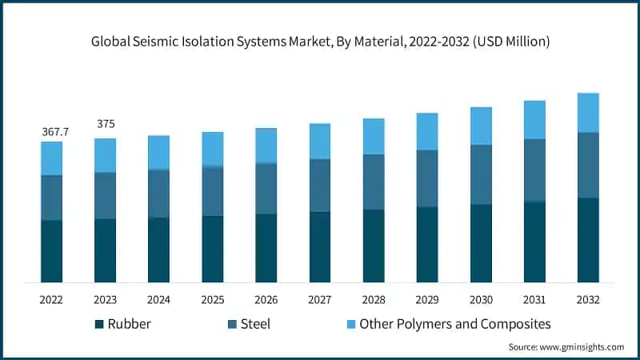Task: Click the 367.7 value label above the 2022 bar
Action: (x=51, y=131)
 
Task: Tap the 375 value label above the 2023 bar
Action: (x=105, y=124)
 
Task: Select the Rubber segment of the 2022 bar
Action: (x=51, y=250)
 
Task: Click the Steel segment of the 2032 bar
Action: (x=588, y=165)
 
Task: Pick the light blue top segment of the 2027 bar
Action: (x=320, y=141)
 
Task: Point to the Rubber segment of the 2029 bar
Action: (x=427, y=244)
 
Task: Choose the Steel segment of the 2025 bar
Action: (x=212, y=190)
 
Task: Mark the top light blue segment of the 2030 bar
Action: (x=481, y=126)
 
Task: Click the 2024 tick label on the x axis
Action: (x=158, y=298)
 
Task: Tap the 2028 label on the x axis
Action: (x=374, y=298)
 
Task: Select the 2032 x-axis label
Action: (x=588, y=298)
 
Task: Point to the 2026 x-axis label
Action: (x=266, y=298)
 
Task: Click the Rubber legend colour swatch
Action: (x=99, y=324)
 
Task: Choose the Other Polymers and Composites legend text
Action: (x=455, y=324)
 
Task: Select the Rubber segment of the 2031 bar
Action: (x=534, y=242)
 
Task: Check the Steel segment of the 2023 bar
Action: (x=105, y=195)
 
